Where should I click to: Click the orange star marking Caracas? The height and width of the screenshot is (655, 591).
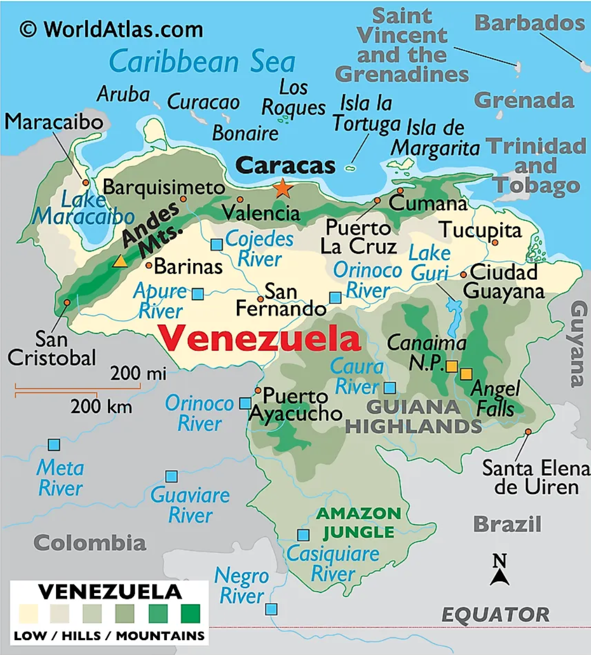[282, 188]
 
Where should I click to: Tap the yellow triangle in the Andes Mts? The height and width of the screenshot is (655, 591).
[120, 261]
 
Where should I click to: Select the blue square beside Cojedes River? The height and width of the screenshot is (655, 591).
[217, 245]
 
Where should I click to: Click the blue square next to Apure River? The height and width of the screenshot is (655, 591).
[198, 294]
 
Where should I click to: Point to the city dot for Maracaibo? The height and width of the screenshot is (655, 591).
[86, 183]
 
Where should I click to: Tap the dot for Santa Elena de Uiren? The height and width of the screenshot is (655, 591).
[528, 432]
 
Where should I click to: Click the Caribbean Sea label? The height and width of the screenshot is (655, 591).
[202, 61]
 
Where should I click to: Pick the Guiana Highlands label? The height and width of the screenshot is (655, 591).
[413, 417]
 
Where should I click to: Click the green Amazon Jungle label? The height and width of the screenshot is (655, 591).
[359, 523]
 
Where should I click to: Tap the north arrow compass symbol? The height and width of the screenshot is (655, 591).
[500, 571]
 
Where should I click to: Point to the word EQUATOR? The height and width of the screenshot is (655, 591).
[495, 615]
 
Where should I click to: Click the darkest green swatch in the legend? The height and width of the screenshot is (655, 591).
[190, 614]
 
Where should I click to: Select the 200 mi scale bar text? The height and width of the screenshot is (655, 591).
[138, 373]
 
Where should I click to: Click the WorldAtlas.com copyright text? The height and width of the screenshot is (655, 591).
[111, 29]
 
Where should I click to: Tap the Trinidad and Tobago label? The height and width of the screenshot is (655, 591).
[536, 166]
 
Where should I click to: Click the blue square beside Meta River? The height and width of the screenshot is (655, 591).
[54, 445]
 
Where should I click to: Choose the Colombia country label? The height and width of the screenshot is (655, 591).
[90, 543]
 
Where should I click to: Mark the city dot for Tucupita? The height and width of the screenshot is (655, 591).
[495, 243]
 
